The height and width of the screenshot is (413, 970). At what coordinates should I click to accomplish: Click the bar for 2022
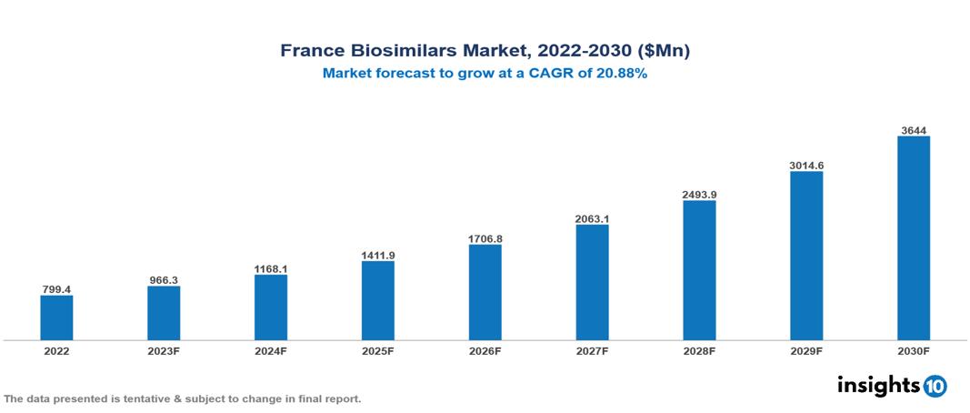(56, 317)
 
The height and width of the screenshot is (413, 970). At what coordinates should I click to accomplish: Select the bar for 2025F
(378, 300)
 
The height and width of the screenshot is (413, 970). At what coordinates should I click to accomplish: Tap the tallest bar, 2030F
(914, 238)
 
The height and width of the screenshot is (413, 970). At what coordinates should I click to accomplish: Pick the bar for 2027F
(592, 282)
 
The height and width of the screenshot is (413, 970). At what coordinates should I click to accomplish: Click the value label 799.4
(56, 289)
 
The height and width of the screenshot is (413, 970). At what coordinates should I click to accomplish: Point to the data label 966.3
(164, 280)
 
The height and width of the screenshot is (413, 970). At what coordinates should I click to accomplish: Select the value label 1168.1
(271, 268)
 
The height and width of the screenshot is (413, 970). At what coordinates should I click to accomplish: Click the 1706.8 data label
(485, 238)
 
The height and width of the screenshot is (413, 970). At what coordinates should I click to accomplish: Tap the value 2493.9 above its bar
(699, 194)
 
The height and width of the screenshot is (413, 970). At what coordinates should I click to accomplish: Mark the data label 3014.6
(806, 165)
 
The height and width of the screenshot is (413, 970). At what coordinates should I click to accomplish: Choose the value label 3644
(914, 130)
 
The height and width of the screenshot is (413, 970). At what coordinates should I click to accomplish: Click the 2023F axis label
(164, 350)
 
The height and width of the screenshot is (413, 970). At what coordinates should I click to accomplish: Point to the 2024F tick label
(271, 350)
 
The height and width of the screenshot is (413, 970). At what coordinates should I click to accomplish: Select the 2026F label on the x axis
(485, 350)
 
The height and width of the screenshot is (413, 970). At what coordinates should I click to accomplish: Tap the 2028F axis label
(699, 350)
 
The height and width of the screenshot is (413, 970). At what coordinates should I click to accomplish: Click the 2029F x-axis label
(806, 350)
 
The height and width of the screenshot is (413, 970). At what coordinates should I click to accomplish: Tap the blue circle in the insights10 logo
(935, 386)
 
